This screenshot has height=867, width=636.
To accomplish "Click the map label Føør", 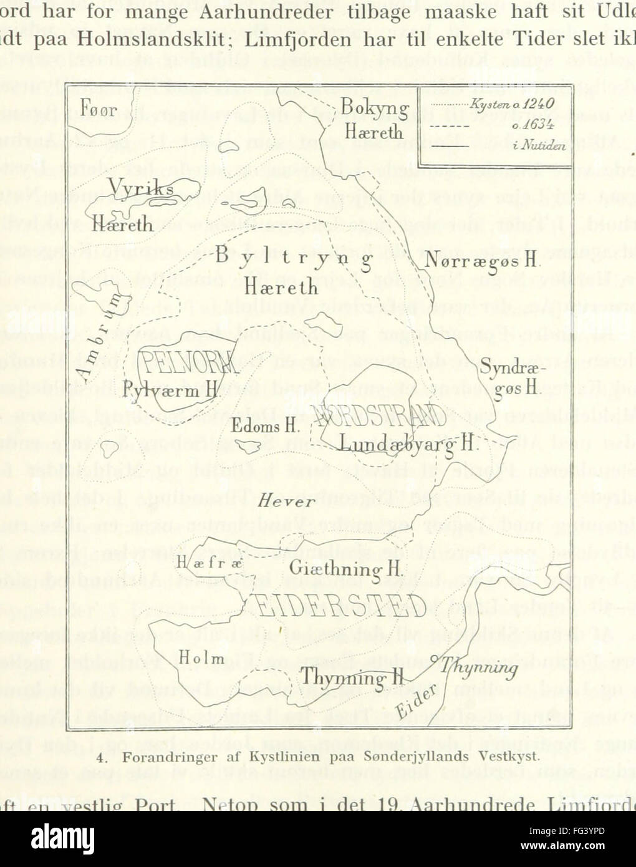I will coord(99,110).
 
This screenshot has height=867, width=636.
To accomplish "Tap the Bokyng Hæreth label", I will coord(373,120).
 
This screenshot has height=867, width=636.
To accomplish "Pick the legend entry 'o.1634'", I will coord(529,125).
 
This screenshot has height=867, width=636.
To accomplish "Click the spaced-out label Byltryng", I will coord(294,256).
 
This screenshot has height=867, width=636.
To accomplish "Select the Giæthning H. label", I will coord(345,569).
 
